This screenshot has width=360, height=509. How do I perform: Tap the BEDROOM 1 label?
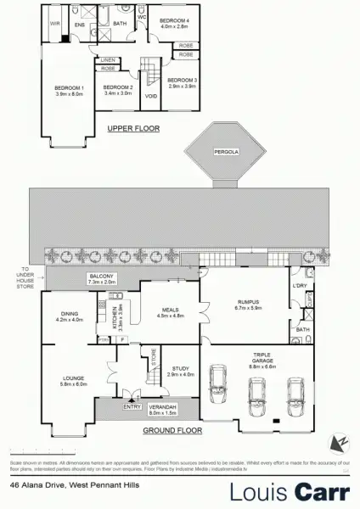[70, 87]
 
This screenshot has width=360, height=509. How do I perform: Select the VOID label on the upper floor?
[152, 95]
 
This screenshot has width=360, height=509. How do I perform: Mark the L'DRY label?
[298, 285]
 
